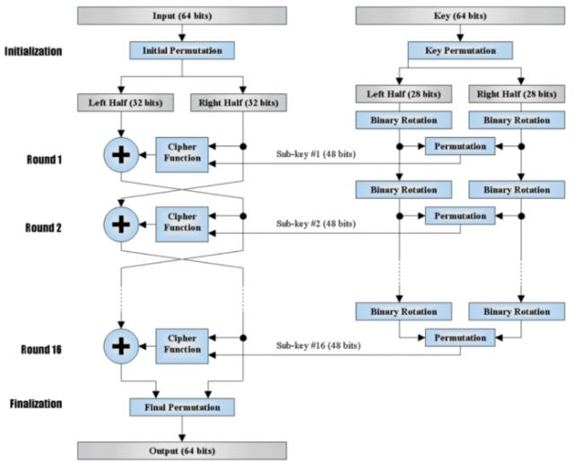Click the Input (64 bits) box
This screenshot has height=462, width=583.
[x=182, y=16]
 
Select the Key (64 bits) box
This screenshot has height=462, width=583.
[x=460, y=16]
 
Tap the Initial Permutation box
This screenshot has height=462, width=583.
[x=182, y=50]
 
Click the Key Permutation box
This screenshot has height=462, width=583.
[x=460, y=50]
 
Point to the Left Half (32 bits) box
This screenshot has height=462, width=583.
[x=126, y=102]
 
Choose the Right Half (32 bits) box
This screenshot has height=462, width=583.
[x=239, y=102]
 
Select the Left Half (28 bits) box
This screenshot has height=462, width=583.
[x=404, y=94]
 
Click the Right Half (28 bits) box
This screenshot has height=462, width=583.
[x=517, y=94]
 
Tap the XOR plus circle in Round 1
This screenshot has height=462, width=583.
[x=121, y=155]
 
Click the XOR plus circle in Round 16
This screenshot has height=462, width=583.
[x=121, y=346]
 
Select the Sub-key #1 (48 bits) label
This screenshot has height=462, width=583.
[x=316, y=154]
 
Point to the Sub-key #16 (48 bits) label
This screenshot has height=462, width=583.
[x=318, y=345]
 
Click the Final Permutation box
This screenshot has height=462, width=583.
[x=182, y=407]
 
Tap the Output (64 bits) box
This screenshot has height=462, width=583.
[x=182, y=451]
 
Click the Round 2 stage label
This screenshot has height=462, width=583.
[x=43, y=228]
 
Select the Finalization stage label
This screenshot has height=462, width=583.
[x=36, y=404]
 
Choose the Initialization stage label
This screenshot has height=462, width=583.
[x=33, y=51]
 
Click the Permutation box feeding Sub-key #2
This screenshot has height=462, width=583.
[x=460, y=215]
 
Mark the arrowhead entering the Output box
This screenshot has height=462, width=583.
[x=182, y=438]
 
